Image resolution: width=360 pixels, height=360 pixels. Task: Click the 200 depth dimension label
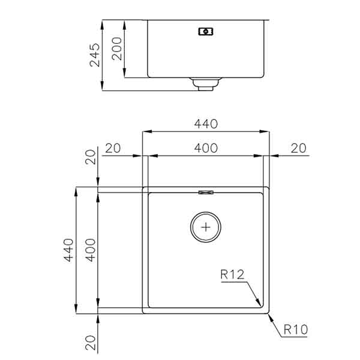pyautogui.click(x=118, y=49)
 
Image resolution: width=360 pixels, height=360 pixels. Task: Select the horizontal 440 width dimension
pyautogui.click(x=205, y=124)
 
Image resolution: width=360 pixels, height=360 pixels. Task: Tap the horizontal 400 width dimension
pyautogui.click(x=205, y=148)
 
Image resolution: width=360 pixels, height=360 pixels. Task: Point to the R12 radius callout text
pyautogui.click(x=232, y=275)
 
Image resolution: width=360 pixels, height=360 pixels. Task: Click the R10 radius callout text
pyautogui.click(x=295, y=329)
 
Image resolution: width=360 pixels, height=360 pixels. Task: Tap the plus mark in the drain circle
pyautogui.click(x=206, y=227)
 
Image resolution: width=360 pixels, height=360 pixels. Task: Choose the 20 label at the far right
pyautogui.click(x=298, y=148)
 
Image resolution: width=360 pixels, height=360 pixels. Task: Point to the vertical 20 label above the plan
pyautogui.click(x=90, y=157)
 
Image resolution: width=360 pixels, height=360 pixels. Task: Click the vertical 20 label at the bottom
pyautogui.click(x=90, y=343)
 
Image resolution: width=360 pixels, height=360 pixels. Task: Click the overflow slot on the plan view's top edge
pyautogui.click(x=206, y=192)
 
